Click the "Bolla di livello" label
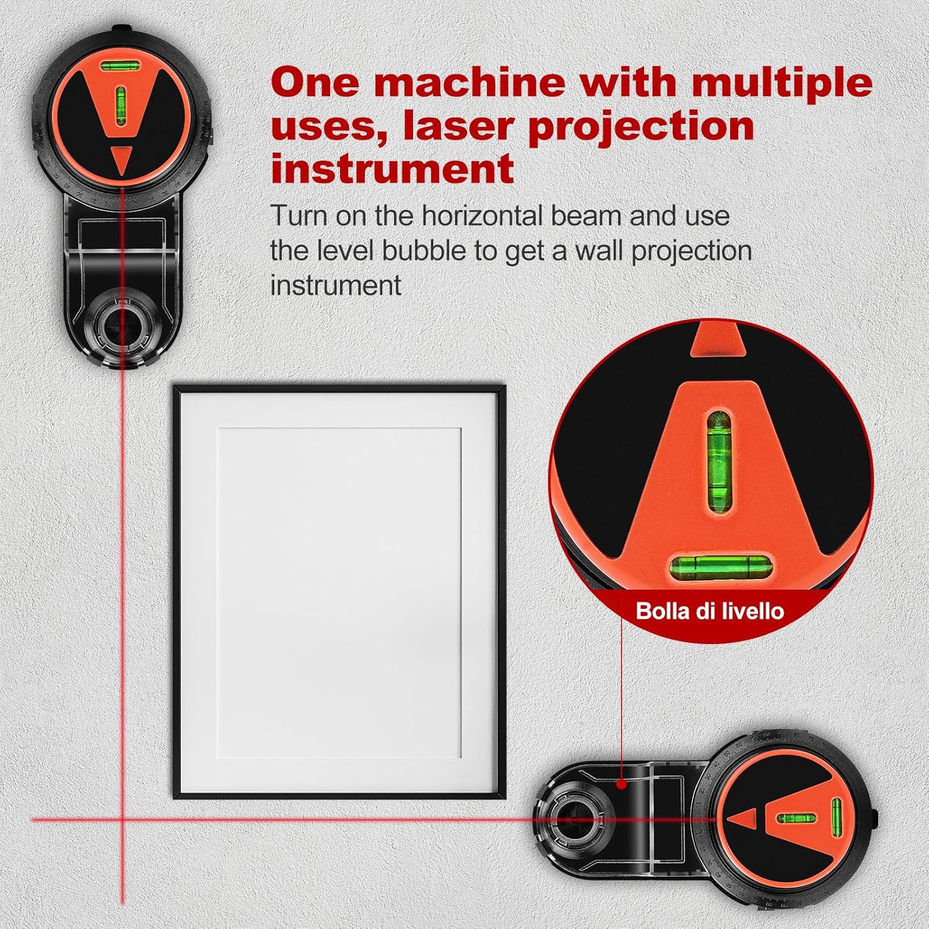pyautogui.click(x=710, y=611)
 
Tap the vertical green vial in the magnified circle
pyautogui.click(x=718, y=461)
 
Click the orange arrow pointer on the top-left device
pyautogui.click(x=122, y=159)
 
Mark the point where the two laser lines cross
pyautogui.click(x=122, y=819)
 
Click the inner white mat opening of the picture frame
pyautogui.click(x=339, y=593)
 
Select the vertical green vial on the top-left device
pyautogui.click(x=121, y=102)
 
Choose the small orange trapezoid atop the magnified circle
pyautogui.click(x=718, y=339)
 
